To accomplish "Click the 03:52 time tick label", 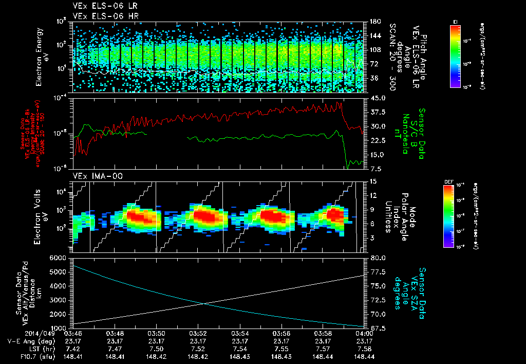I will pos(198,333).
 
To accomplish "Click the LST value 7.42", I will pos(72,348).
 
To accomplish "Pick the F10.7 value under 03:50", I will pos(156,356).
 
